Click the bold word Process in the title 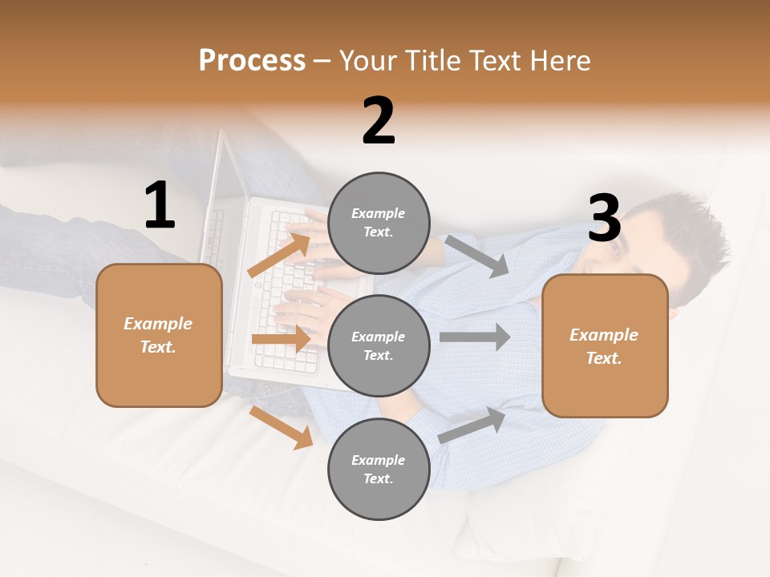252,60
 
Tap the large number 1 160,206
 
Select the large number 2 379,121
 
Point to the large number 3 604,219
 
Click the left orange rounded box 159,335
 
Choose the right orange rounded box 605,345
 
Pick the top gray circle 379,223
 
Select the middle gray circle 379,345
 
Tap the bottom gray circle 379,469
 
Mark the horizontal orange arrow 281,339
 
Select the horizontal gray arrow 474,337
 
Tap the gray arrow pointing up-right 472,425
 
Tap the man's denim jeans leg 48,240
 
